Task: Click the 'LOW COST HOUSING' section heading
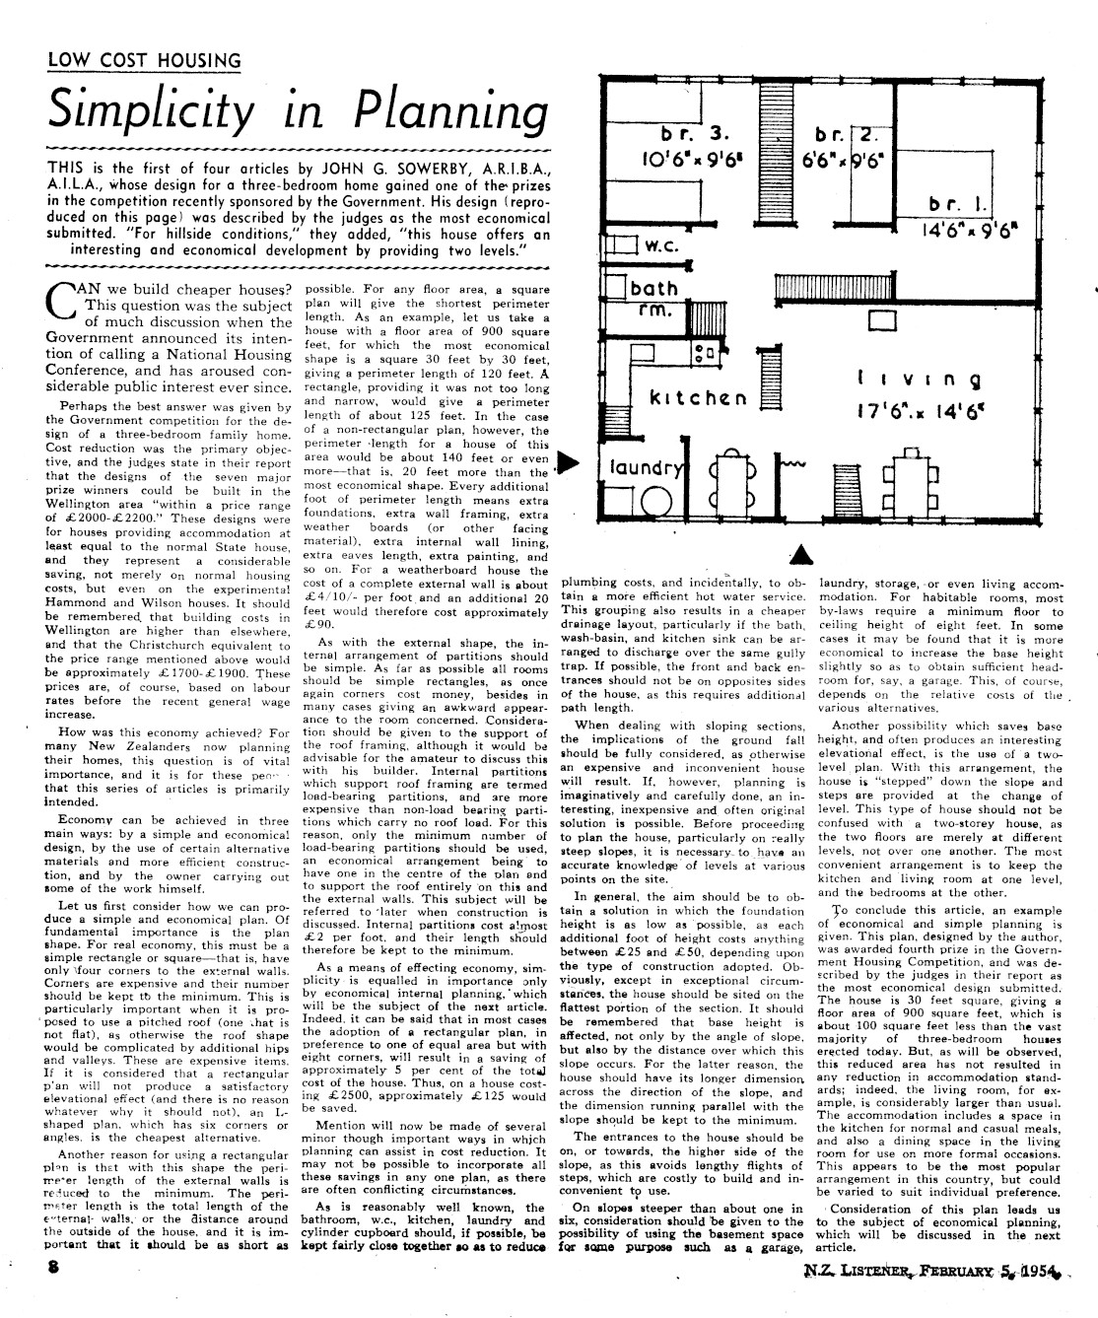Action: click(144, 61)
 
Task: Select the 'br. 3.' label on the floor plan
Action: click(696, 134)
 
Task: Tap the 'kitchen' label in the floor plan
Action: click(699, 398)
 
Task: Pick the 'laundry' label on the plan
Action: click(647, 468)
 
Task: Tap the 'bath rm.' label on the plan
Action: click(653, 300)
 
